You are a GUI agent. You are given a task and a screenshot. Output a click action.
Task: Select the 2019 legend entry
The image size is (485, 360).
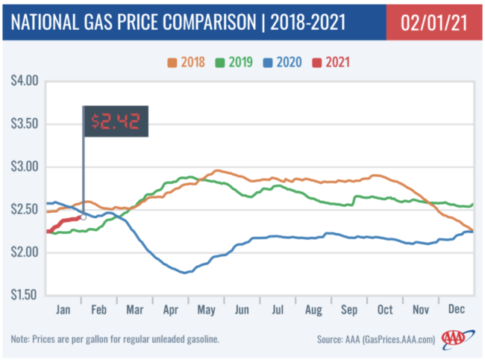[237, 62]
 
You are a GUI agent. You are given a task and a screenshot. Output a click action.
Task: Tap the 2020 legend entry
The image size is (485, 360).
[284, 62]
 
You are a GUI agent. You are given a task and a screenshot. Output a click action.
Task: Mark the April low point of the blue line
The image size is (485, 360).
[184, 273]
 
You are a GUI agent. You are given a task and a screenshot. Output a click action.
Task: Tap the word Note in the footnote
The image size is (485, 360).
[26, 339]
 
